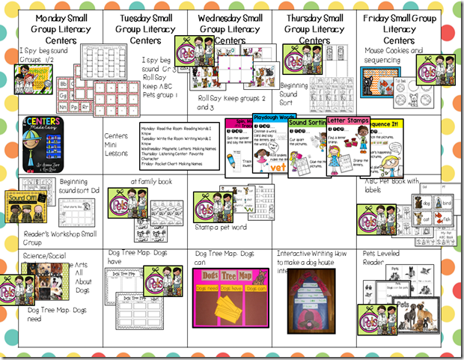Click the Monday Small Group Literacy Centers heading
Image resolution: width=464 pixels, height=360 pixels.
(x=58, y=28)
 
